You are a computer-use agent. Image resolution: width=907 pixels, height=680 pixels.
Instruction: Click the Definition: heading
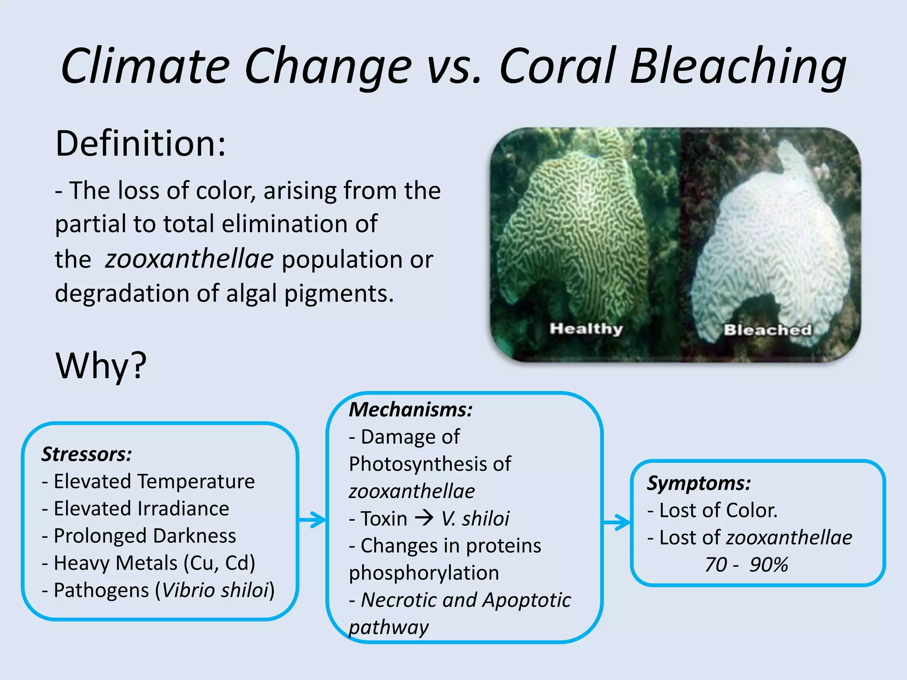pyautogui.click(x=140, y=144)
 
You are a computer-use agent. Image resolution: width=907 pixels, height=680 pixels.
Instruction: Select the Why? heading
pyautogui.click(x=101, y=366)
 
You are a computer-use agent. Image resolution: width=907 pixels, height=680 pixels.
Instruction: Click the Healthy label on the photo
pyautogui.click(x=586, y=328)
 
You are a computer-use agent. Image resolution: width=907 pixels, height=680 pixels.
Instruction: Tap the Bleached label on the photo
pyautogui.click(x=767, y=330)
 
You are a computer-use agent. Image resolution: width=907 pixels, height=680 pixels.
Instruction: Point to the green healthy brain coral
pyautogui.click(x=576, y=230)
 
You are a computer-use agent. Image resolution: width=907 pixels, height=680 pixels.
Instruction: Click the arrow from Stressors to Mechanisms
pyautogui.click(x=313, y=520)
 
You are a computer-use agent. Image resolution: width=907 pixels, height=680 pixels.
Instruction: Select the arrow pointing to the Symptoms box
pyautogui.click(x=617, y=523)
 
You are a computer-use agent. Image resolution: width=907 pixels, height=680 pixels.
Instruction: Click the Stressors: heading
pyautogui.click(x=87, y=454)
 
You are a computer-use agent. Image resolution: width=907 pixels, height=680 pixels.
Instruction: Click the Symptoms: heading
pyautogui.click(x=699, y=483)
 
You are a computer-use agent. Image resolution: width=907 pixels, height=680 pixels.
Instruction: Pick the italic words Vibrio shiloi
pyautogui.click(x=215, y=590)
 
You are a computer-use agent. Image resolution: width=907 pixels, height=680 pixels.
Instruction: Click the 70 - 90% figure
pyautogui.click(x=747, y=565)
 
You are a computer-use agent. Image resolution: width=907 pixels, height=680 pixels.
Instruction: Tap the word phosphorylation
pyautogui.click(x=424, y=573)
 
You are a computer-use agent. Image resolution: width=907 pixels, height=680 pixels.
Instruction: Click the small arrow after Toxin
pyautogui.click(x=424, y=518)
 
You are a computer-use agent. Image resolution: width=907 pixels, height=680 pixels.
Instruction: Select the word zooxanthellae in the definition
pyautogui.click(x=189, y=259)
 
